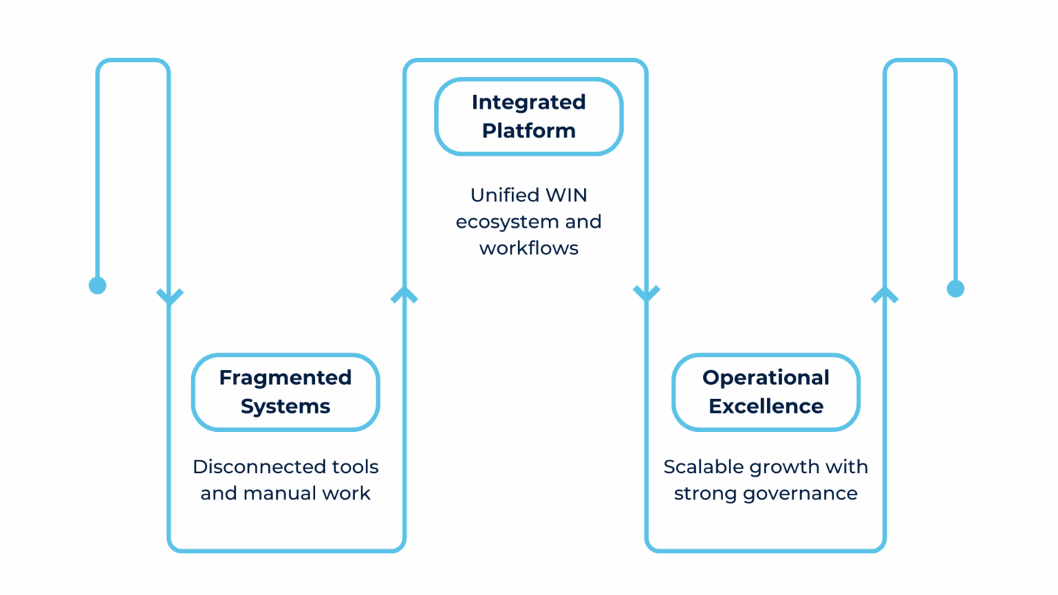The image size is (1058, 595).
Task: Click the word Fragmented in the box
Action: (x=285, y=378)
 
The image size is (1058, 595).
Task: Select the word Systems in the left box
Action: (x=285, y=406)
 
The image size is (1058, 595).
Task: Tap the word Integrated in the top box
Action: (x=528, y=102)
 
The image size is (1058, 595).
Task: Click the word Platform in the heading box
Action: (x=528, y=131)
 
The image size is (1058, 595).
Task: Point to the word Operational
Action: (x=766, y=378)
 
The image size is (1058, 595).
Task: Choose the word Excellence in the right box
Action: (x=766, y=406)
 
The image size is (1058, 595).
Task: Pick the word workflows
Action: (x=528, y=248)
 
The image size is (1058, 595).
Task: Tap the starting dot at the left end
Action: (x=97, y=285)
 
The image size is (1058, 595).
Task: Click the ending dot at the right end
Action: (x=955, y=289)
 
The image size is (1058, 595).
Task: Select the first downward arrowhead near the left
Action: (x=170, y=296)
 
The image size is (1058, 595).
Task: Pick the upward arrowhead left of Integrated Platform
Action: (x=405, y=295)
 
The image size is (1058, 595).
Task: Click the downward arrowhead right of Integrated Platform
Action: (x=647, y=294)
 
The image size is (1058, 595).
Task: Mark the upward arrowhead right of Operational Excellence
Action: (x=885, y=295)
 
